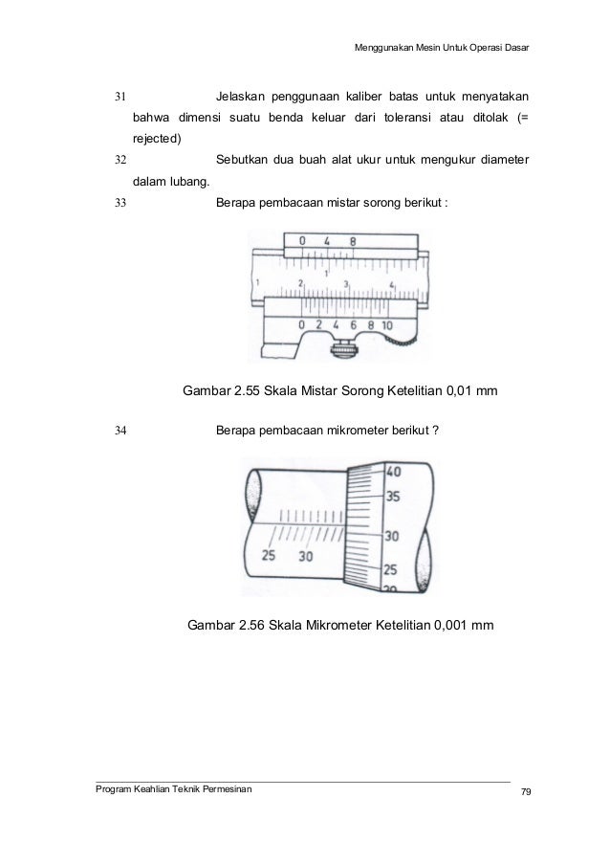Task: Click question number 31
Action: point(120,98)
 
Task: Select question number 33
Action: point(120,203)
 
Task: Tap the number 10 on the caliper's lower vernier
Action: point(386,325)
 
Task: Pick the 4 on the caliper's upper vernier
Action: point(327,242)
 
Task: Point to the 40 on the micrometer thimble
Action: point(394,472)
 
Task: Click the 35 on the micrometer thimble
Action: point(393,497)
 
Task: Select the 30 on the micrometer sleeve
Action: point(305,556)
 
